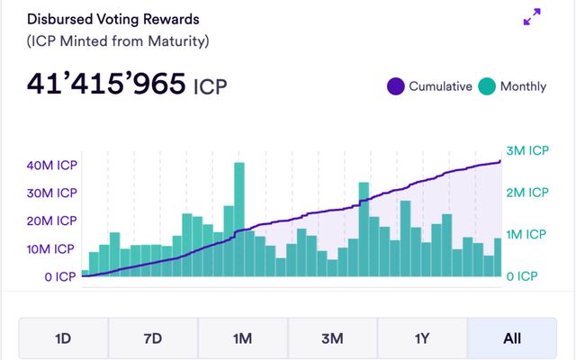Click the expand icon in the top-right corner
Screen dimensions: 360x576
[x=532, y=17]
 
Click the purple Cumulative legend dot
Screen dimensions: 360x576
[x=395, y=86]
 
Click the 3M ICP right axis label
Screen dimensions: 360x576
[x=526, y=150]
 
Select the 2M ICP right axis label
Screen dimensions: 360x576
[x=526, y=193]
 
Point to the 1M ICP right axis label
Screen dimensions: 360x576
[x=526, y=234]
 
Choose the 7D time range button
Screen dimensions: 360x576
[x=153, y=339]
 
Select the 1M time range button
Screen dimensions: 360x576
[x=242, y=339]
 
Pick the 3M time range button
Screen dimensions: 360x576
[x=332, y=339]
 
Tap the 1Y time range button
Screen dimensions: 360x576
[x=421, y=339]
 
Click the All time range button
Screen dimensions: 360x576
[x=511, y=339]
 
